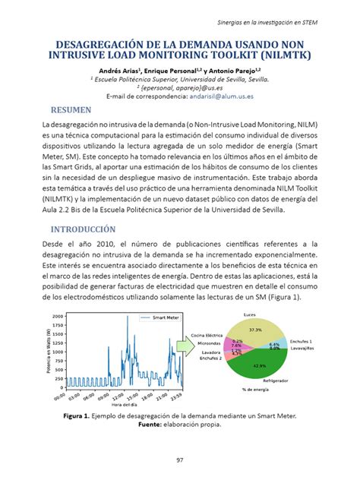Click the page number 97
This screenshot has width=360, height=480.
(x=180, y=459)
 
